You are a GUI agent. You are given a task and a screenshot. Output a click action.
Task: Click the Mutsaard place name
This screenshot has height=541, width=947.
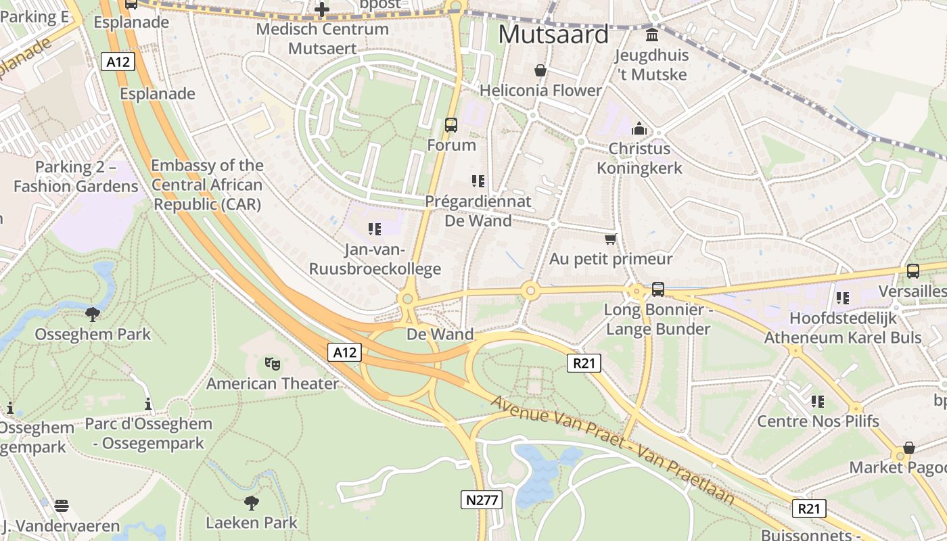pyautogui.click(x=553, y=34)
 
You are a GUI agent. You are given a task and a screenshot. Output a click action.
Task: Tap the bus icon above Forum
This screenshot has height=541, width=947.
pyautogui.click(x=451, y=125)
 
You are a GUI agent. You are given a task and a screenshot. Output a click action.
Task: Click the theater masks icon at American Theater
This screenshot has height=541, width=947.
pyautogui.click(x=273, y=364)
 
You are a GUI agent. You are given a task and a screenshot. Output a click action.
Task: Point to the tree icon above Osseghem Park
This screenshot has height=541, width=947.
pyautogui.click(x=93, y=314)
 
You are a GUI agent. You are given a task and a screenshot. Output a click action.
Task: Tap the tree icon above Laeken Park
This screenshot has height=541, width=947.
pyautogui.click(x=252, y=502)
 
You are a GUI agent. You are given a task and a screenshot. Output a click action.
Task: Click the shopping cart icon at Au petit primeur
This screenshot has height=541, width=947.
pyautogui.click(x=610, y=239)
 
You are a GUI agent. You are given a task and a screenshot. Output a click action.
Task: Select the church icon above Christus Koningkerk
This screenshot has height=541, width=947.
pyautogui.click(x=639, y=128)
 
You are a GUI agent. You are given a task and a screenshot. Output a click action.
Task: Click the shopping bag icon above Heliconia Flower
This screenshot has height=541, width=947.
pyautogui.click(x=540, y=70)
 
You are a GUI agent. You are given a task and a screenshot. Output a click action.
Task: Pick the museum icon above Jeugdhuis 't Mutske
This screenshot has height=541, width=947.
pyautogui.click(x=652, y=34)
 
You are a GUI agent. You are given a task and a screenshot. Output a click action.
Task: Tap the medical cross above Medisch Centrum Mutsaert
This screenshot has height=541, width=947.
pyautogui.click(x=322, y=9)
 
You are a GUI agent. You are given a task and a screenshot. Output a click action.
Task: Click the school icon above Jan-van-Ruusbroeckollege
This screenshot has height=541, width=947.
pyautogui.click(x=375, y=229)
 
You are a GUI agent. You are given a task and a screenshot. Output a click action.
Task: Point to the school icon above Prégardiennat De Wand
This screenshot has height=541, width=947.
pyautogui.click(x=478, y=181)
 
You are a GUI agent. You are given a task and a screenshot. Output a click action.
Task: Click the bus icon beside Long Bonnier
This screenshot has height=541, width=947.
pyautogui.click(x=657, y=289)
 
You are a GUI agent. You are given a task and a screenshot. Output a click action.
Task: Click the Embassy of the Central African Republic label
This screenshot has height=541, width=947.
pyautogui.click(x=206, y=185)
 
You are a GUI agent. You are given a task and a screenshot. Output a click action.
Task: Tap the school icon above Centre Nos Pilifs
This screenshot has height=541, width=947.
pyautogui.click(x=818, y=402)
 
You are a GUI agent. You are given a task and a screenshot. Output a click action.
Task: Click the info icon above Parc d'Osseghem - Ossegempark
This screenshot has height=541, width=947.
pyautogui.click(x=148, y=404)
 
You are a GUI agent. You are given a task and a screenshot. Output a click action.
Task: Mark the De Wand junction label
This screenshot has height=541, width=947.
pyautogui.click(x=440, y=334)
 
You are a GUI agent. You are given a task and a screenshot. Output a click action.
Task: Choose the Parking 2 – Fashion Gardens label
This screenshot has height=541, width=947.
pyautogui.click(x=76, y=177)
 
